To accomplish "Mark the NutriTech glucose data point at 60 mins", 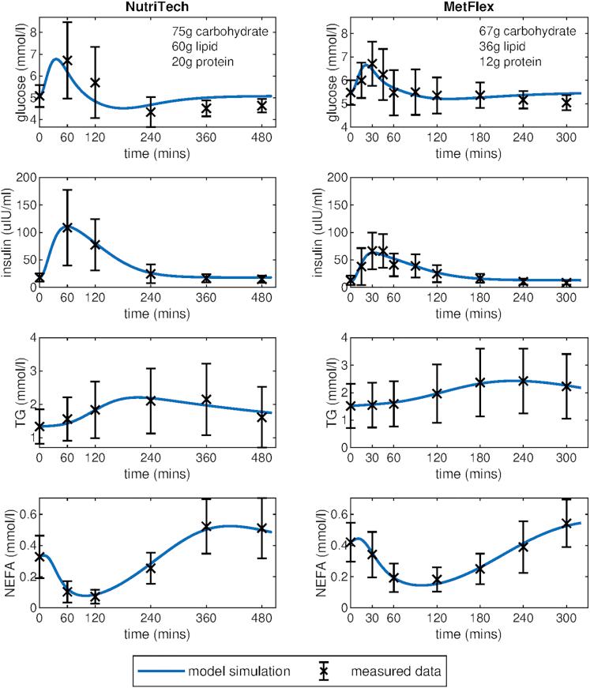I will click(67, 60).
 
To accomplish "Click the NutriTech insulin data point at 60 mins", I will click(67, 227).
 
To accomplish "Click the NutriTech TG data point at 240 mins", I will click(151, 400).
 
